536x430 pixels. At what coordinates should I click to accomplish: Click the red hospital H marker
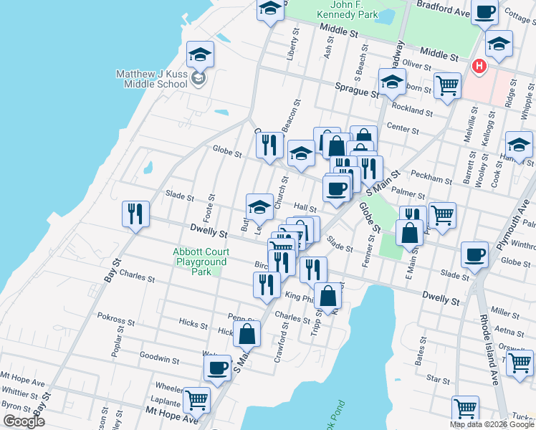(479, 67)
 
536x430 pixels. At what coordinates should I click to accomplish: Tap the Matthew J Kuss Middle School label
(153, 79)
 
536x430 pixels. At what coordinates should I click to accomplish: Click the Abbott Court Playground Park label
(201, 262)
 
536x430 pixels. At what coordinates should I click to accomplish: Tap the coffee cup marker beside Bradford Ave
(484, 12)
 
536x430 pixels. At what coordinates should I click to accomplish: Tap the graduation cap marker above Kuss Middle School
(201, 54)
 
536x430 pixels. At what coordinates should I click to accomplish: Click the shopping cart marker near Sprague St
(447, 85)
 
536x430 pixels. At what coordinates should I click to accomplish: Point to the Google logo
(24, 421)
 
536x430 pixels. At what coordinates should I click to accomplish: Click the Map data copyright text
(492, 424)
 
